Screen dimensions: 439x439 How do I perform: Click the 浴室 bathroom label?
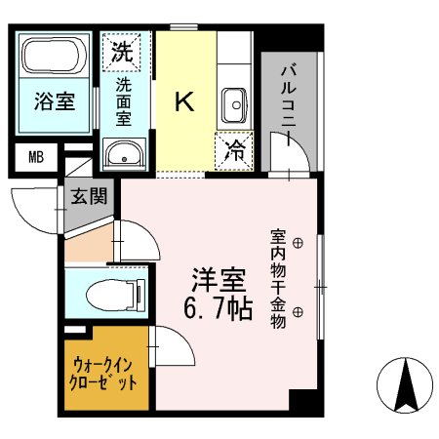pyautogui.click(x=55, y=101)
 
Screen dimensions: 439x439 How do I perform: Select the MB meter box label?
pyautogui.click(x=36, y=156)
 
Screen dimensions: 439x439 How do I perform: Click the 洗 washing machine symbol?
pyautogui.click(x=122, y=50)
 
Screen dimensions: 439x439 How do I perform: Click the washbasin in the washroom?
pyautogui.click(x=124, y=153)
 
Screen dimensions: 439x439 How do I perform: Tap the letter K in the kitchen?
pyautogui.click(x=183, y=100)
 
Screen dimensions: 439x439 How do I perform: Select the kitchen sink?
pyautogui.click(x=235, y=102)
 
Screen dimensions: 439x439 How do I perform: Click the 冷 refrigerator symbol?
pyautogui.click(x=235, y=149)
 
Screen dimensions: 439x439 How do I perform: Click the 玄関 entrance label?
pyautogui.click(x=88, y=195)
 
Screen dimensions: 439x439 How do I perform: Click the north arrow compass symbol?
pyautogui.click(x=405, y=385)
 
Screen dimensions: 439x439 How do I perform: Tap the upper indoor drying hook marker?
pyautogui.click(x=299, y=241)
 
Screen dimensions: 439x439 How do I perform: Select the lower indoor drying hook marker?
pyautogui.click(x=299, y=311)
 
